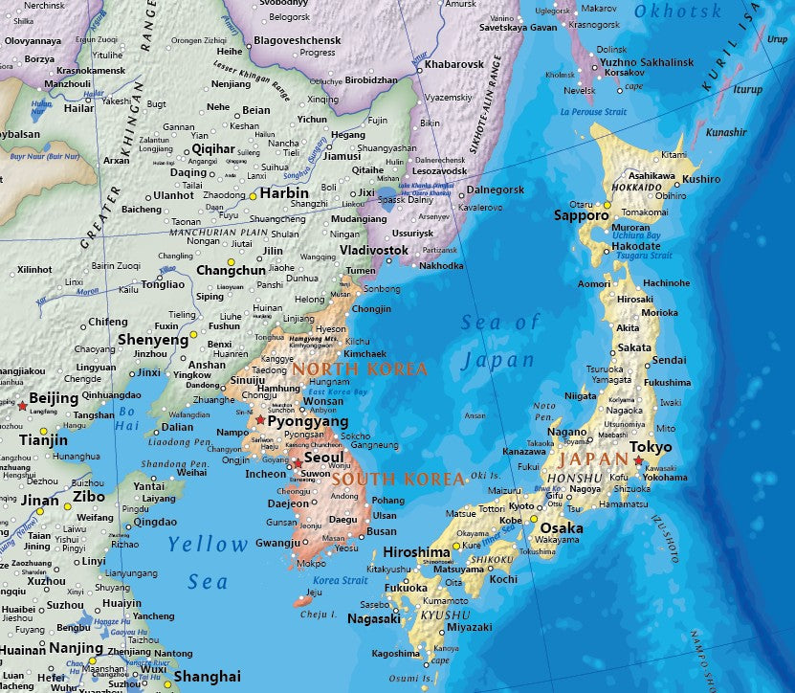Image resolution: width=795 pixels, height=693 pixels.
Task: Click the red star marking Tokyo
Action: [x=638, y=460]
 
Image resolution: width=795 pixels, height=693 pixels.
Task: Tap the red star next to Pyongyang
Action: [x=260, y=419]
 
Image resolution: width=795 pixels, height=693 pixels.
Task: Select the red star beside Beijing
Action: [x=23, y=407]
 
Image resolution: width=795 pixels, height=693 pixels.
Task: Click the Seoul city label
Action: [x=323, y=458]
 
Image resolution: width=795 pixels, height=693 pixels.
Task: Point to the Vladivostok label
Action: [x=374, y=250]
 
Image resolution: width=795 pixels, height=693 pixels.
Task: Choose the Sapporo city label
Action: [x=582, y=215]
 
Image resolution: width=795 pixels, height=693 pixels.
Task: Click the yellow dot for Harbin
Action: [x=253, y=195]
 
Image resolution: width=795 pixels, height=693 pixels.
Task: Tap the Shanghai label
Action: [x=208, y=677]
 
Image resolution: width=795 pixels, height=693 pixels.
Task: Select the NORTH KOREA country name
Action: [x=360, y=368]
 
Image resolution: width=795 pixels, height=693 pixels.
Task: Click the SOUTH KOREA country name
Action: [x=398, y=479]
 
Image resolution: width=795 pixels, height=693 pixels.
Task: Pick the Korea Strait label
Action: [x=340, y=581]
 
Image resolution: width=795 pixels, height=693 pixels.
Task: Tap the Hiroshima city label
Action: [x=417, y=553]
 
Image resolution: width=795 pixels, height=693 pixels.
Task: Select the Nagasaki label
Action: [x=374, y=619]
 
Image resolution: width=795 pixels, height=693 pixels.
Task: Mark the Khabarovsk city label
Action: [x=453, y=64]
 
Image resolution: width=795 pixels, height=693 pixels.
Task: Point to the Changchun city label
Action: [x=231, y=271]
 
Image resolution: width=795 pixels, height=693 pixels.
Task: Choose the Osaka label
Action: [x=562, y=528]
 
